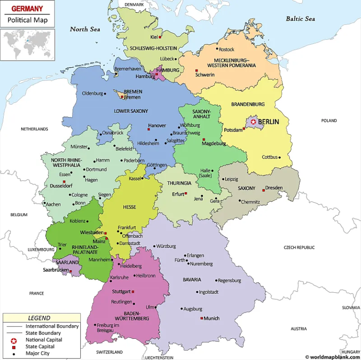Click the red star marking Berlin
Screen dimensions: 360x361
point(253,122)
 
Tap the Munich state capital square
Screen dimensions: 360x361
point(202,318)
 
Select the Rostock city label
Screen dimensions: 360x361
point(227,49)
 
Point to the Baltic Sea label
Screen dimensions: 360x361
point(300,19)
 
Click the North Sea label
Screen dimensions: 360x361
point(85,29)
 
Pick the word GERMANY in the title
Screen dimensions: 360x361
point(27,9)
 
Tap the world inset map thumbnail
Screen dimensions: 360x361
point(27,45)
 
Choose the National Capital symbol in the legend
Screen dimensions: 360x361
point(14,340)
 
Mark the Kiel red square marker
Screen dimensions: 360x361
point(160,37)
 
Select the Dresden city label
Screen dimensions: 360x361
point(274,188)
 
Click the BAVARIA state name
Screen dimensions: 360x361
point(192,280)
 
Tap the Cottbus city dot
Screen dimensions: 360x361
point(280,157)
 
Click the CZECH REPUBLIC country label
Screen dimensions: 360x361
point(299,247)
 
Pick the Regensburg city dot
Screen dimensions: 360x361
point(216,281)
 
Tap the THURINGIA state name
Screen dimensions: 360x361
point(179,183)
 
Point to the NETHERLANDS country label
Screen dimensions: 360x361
point(34,129)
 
